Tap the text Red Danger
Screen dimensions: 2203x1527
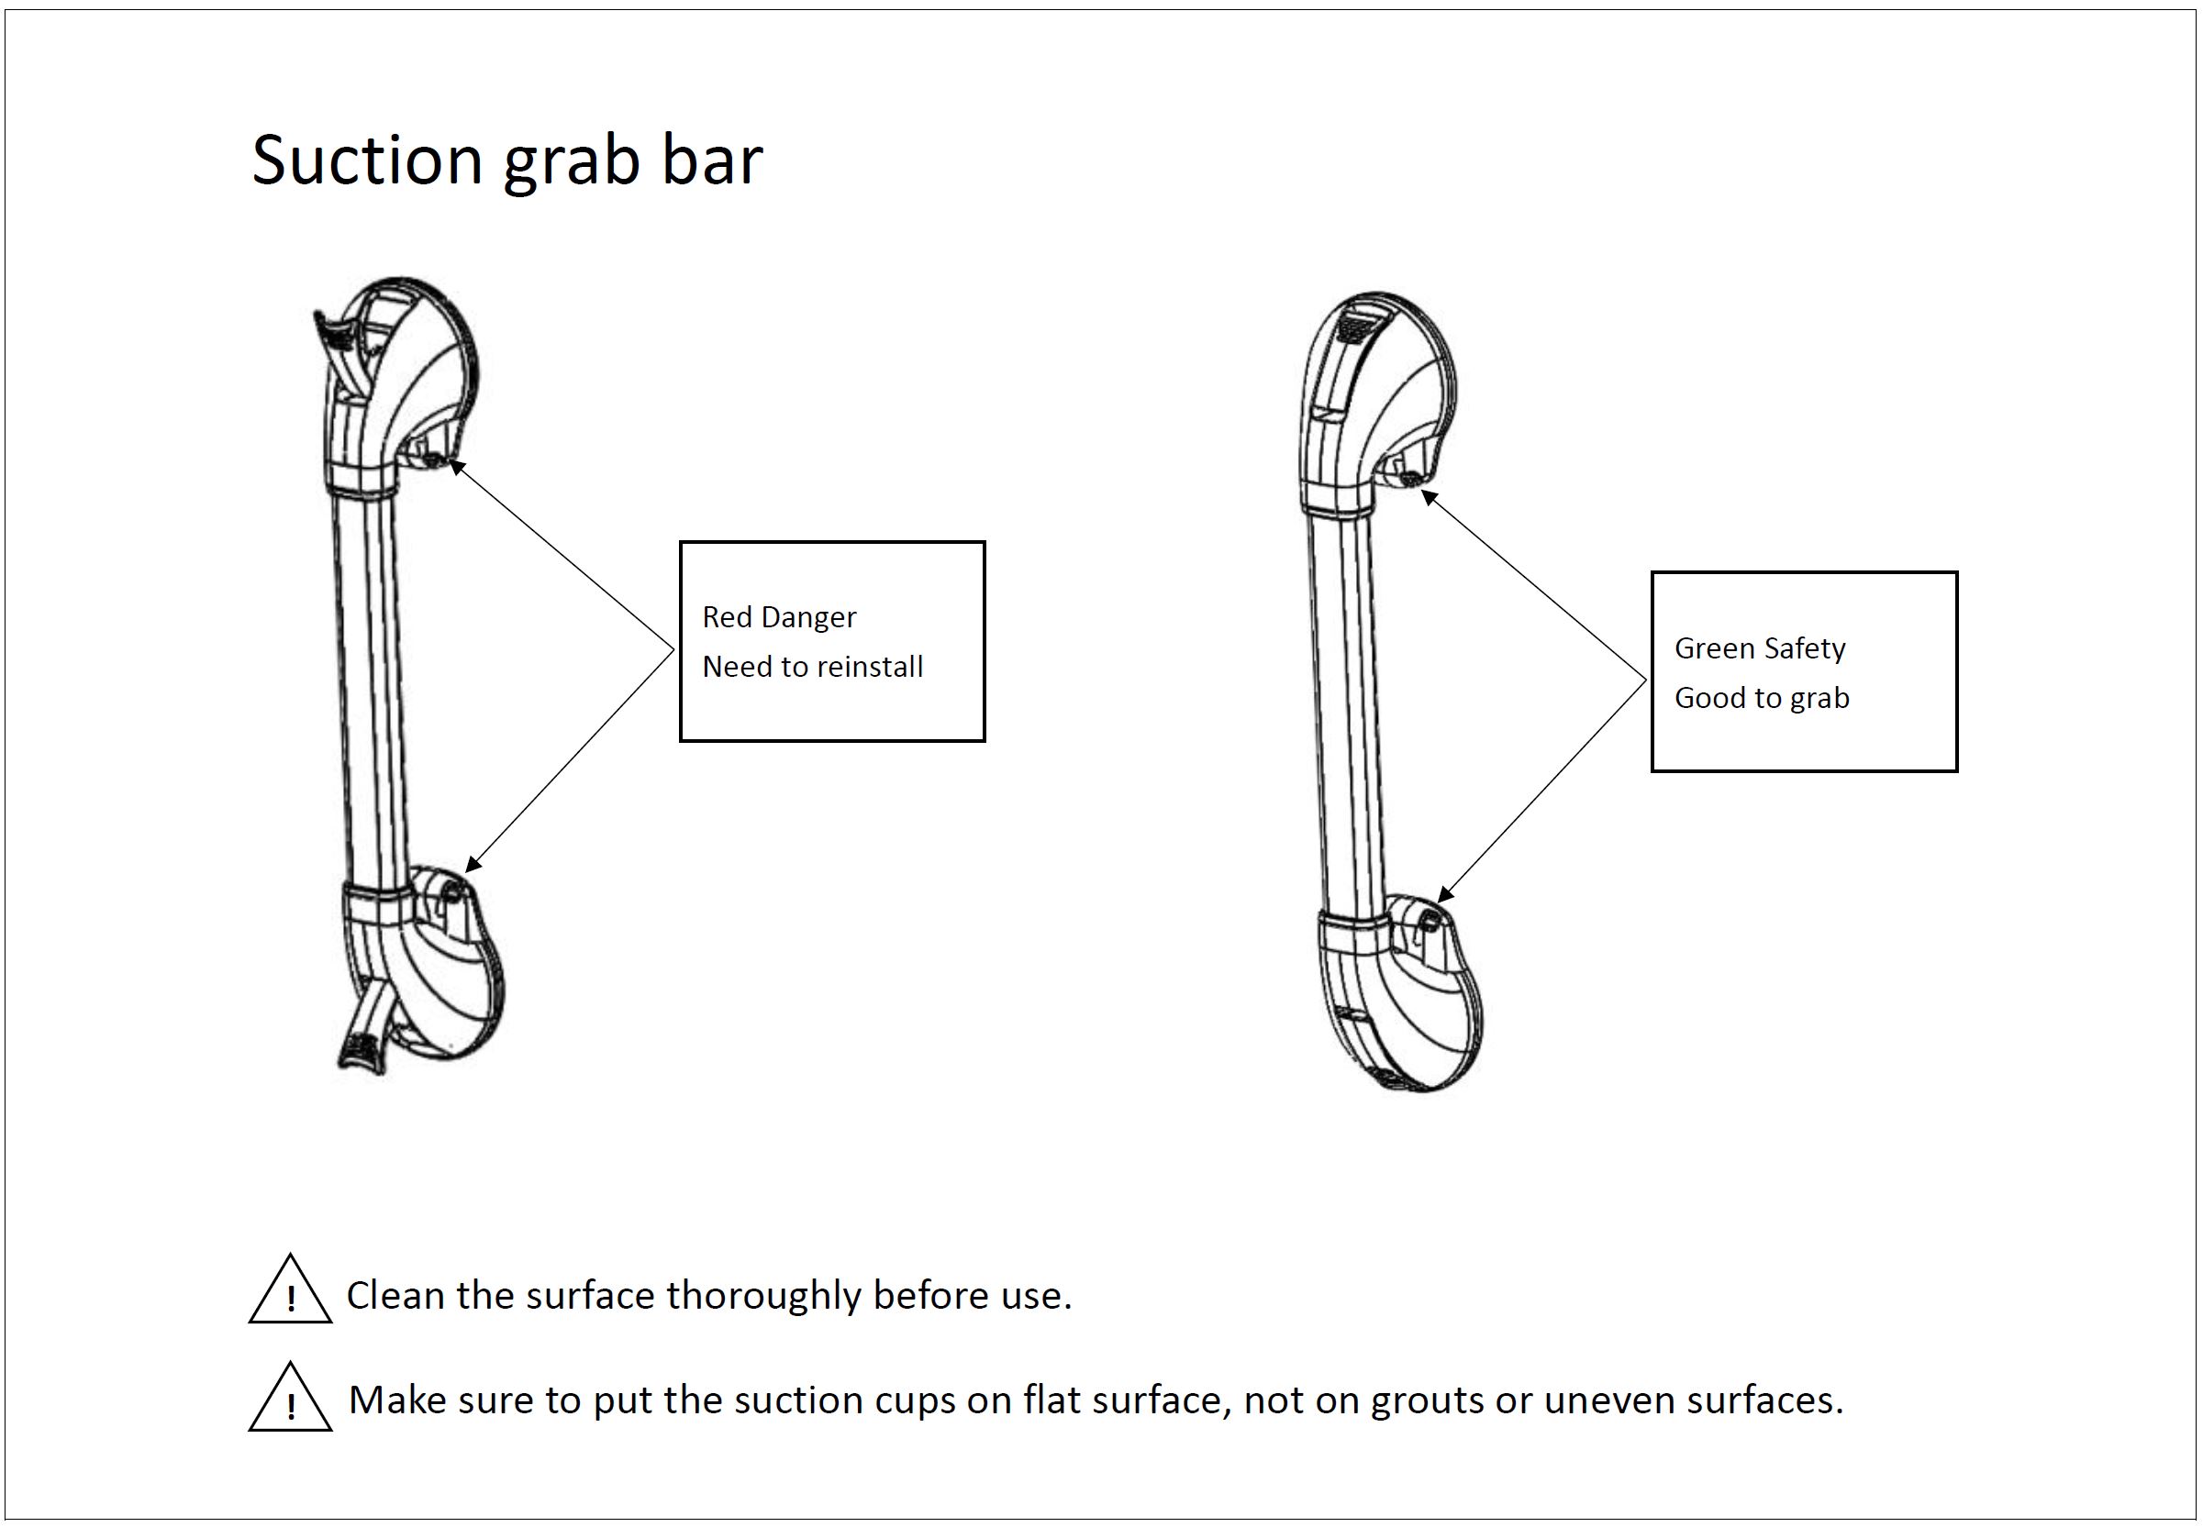click(x=779, y=617)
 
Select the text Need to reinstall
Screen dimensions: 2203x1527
click(x=813, y=666)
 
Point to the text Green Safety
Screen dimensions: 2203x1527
click(x=1760, y=648)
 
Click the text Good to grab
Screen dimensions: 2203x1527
click(x=1762, y=699)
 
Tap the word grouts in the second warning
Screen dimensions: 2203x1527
click(x=1427, y=1400)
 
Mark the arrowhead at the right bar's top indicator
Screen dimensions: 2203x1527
click(x=1428, y=497)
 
